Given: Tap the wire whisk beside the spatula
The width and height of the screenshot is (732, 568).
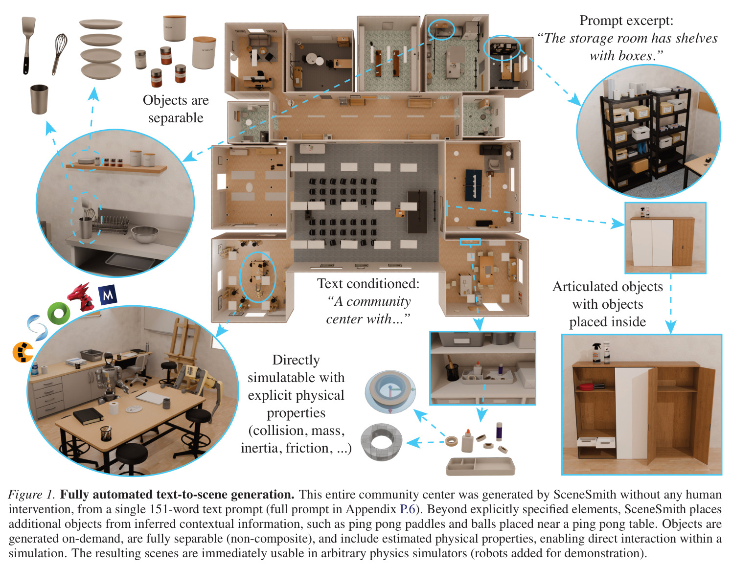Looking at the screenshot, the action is pos(59,54).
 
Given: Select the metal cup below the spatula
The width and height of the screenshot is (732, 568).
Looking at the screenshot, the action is pos(39,99).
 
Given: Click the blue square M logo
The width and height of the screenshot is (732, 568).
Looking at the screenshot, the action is pos(108,295).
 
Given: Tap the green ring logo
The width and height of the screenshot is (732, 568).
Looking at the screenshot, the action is pos(59,313).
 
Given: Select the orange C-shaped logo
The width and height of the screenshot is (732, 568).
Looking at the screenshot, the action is pos(23,352).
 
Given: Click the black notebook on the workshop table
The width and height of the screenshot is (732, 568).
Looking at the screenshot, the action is pos(88,416).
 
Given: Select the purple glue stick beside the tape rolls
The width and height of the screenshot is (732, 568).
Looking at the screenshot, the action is pos(499,432).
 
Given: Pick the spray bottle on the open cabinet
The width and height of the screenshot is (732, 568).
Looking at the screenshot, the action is pos(596,353).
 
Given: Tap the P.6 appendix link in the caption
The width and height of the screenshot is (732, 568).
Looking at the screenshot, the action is pos(408,509).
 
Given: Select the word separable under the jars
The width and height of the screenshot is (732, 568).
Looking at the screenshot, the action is pos(176,118).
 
